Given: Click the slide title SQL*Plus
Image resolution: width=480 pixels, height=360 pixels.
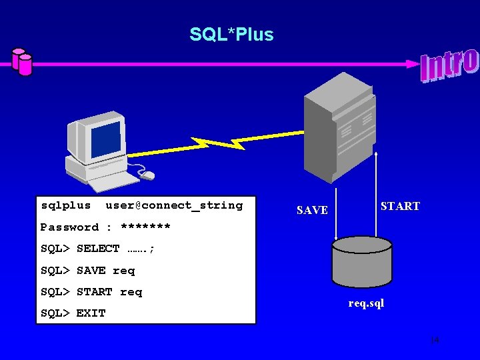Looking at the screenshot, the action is [x=231, y=34].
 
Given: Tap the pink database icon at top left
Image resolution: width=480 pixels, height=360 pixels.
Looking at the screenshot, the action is [x=21, y=61].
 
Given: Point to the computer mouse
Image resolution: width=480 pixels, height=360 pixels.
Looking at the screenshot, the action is [x=147, y=175].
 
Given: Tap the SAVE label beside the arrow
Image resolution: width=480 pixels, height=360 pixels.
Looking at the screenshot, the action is [x=312, y=211].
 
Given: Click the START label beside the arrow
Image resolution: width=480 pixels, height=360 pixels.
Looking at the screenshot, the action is [x=400, y=207].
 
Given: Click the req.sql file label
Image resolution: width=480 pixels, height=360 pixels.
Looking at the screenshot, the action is [x=366, y=304].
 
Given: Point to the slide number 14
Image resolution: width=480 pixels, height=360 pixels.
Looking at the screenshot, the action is [x=434, y=341].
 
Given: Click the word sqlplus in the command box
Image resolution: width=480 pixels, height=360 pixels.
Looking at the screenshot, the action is [x=65, y=205].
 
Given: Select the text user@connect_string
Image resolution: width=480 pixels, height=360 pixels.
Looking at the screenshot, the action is [x=174, y=205].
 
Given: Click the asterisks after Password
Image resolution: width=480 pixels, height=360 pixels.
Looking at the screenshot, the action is [x=145, y=227].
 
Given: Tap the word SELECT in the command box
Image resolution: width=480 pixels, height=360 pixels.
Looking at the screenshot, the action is [x=98, y=249].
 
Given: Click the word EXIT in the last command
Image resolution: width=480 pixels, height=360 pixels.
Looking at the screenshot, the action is [x=91, y=313].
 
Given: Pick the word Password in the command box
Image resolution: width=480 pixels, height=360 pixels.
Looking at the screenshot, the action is [x=69, y=227].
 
